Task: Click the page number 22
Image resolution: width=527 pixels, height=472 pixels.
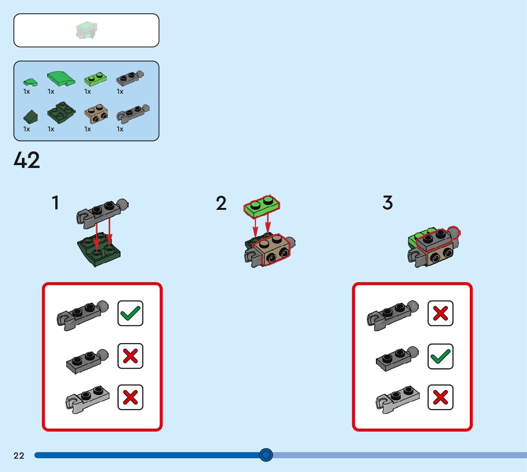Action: pyautogui.click(x=19, y=456)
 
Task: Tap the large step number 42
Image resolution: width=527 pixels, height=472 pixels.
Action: pyautogui.click(x=27, y=161)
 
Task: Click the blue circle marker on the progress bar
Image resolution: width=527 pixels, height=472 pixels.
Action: pyautogui.click(x=266, y=455)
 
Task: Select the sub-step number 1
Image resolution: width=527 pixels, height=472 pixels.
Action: pyautogui.click(x=56, y=203)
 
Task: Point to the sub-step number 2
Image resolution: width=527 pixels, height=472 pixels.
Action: pyautogui.click(x=221, y=204)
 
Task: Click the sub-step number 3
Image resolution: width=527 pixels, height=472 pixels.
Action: pyautogui.click(x=388, y=203)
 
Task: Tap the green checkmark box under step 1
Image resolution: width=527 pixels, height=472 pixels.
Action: pyautogui.click(x=130, y=313)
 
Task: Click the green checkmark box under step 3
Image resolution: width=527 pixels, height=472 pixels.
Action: pyautogui.click(x=440, y=356)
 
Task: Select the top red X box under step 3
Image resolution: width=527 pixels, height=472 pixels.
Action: pyautogui.click(x=440, y=313)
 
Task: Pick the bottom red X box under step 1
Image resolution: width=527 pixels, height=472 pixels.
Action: pyautogui.click(x=130, y=397)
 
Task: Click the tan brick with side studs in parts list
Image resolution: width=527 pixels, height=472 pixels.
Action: pyautogui.click(x=96, y=113)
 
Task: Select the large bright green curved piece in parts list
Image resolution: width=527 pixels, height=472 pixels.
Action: pyautogui.click(x=61, y=78)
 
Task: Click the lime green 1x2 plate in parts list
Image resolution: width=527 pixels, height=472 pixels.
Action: pyautogui.click(x=95, y=78)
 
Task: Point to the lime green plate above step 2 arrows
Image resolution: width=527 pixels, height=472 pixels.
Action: pyautogui.click(x=262, y=204)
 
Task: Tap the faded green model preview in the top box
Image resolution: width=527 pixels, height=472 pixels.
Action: pyautogui.click(x=87, y=30)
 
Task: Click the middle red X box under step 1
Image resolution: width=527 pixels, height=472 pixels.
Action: pyautogui.click(x=130, y=356)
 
